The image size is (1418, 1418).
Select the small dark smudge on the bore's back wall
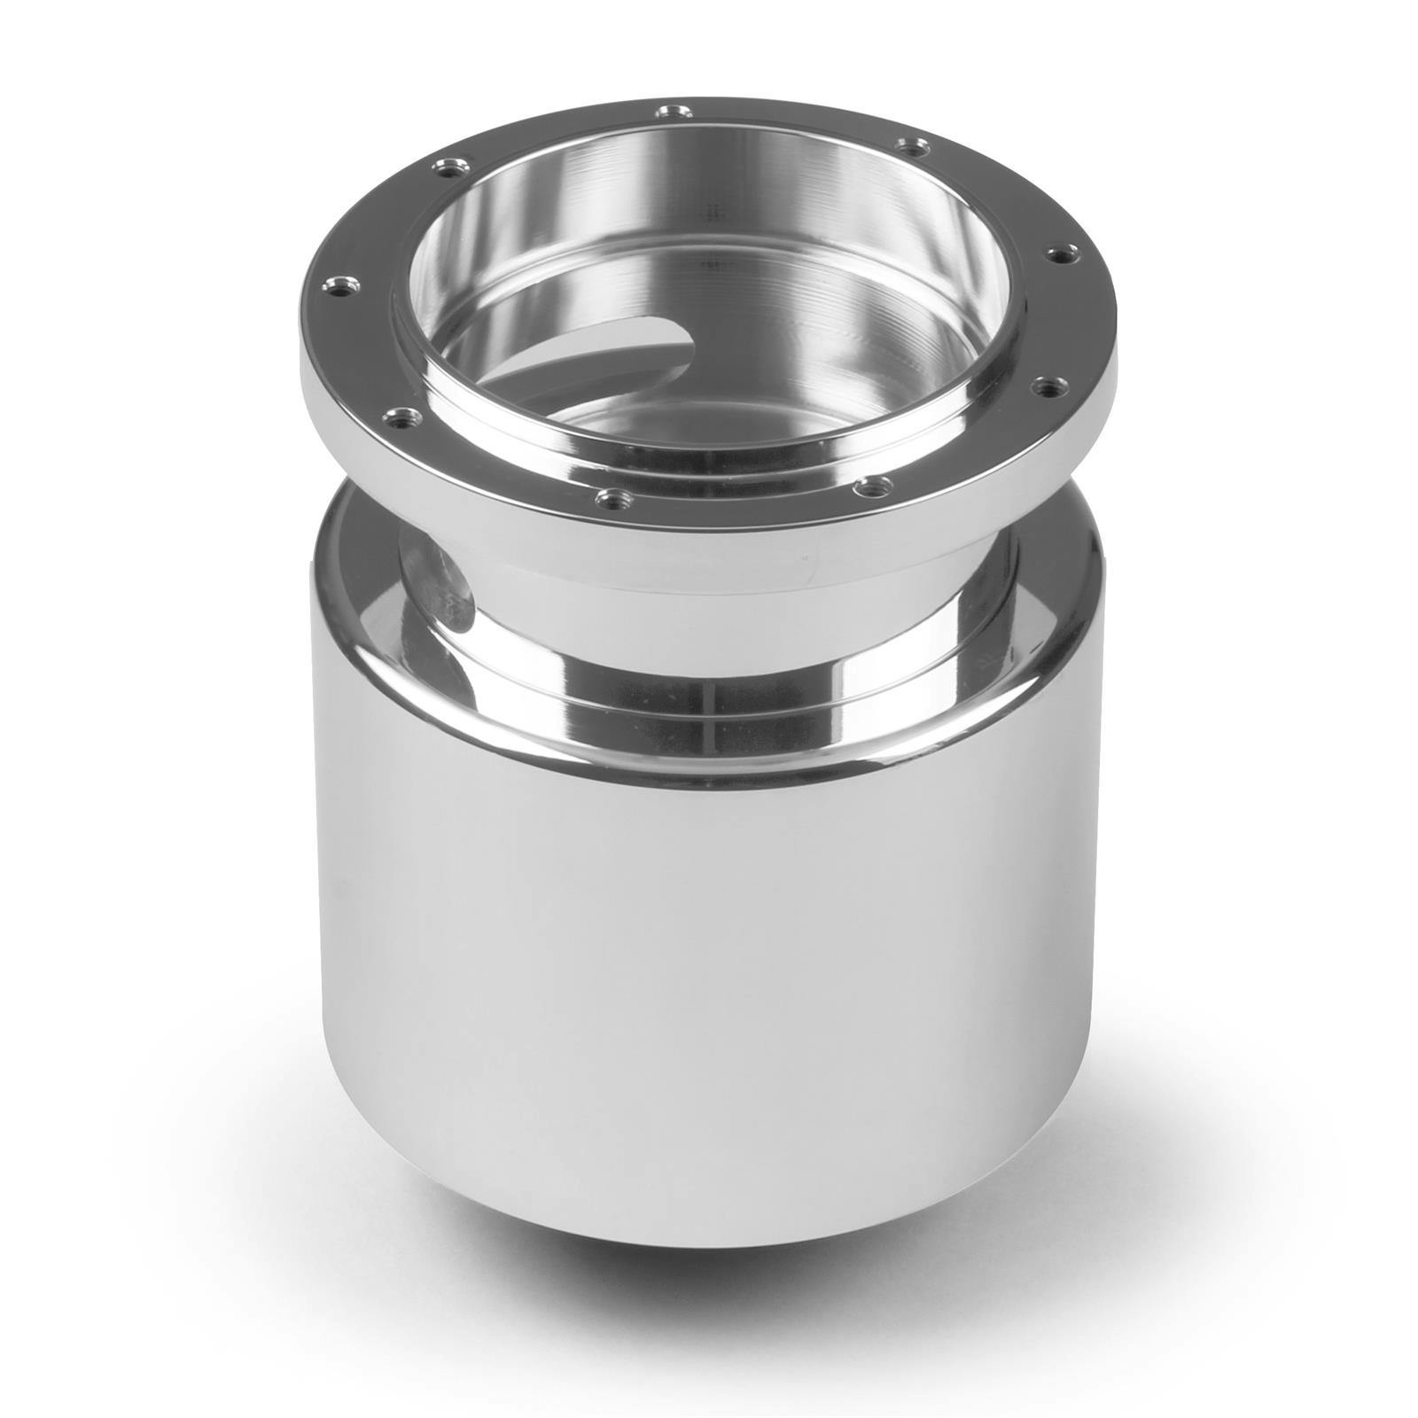[x=709, y=213]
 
